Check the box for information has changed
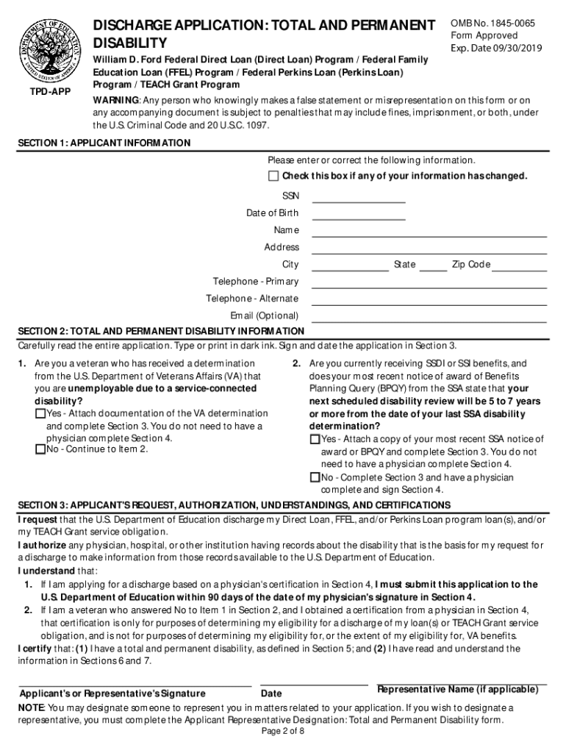click(x=274, y=176)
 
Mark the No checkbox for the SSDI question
click(x=315, y=478)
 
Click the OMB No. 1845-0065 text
click(x=492, y=24)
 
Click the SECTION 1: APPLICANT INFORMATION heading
click(x=104, y=143)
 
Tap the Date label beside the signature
click(x=271, y=693)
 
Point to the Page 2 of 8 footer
click(x=283, y=732)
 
